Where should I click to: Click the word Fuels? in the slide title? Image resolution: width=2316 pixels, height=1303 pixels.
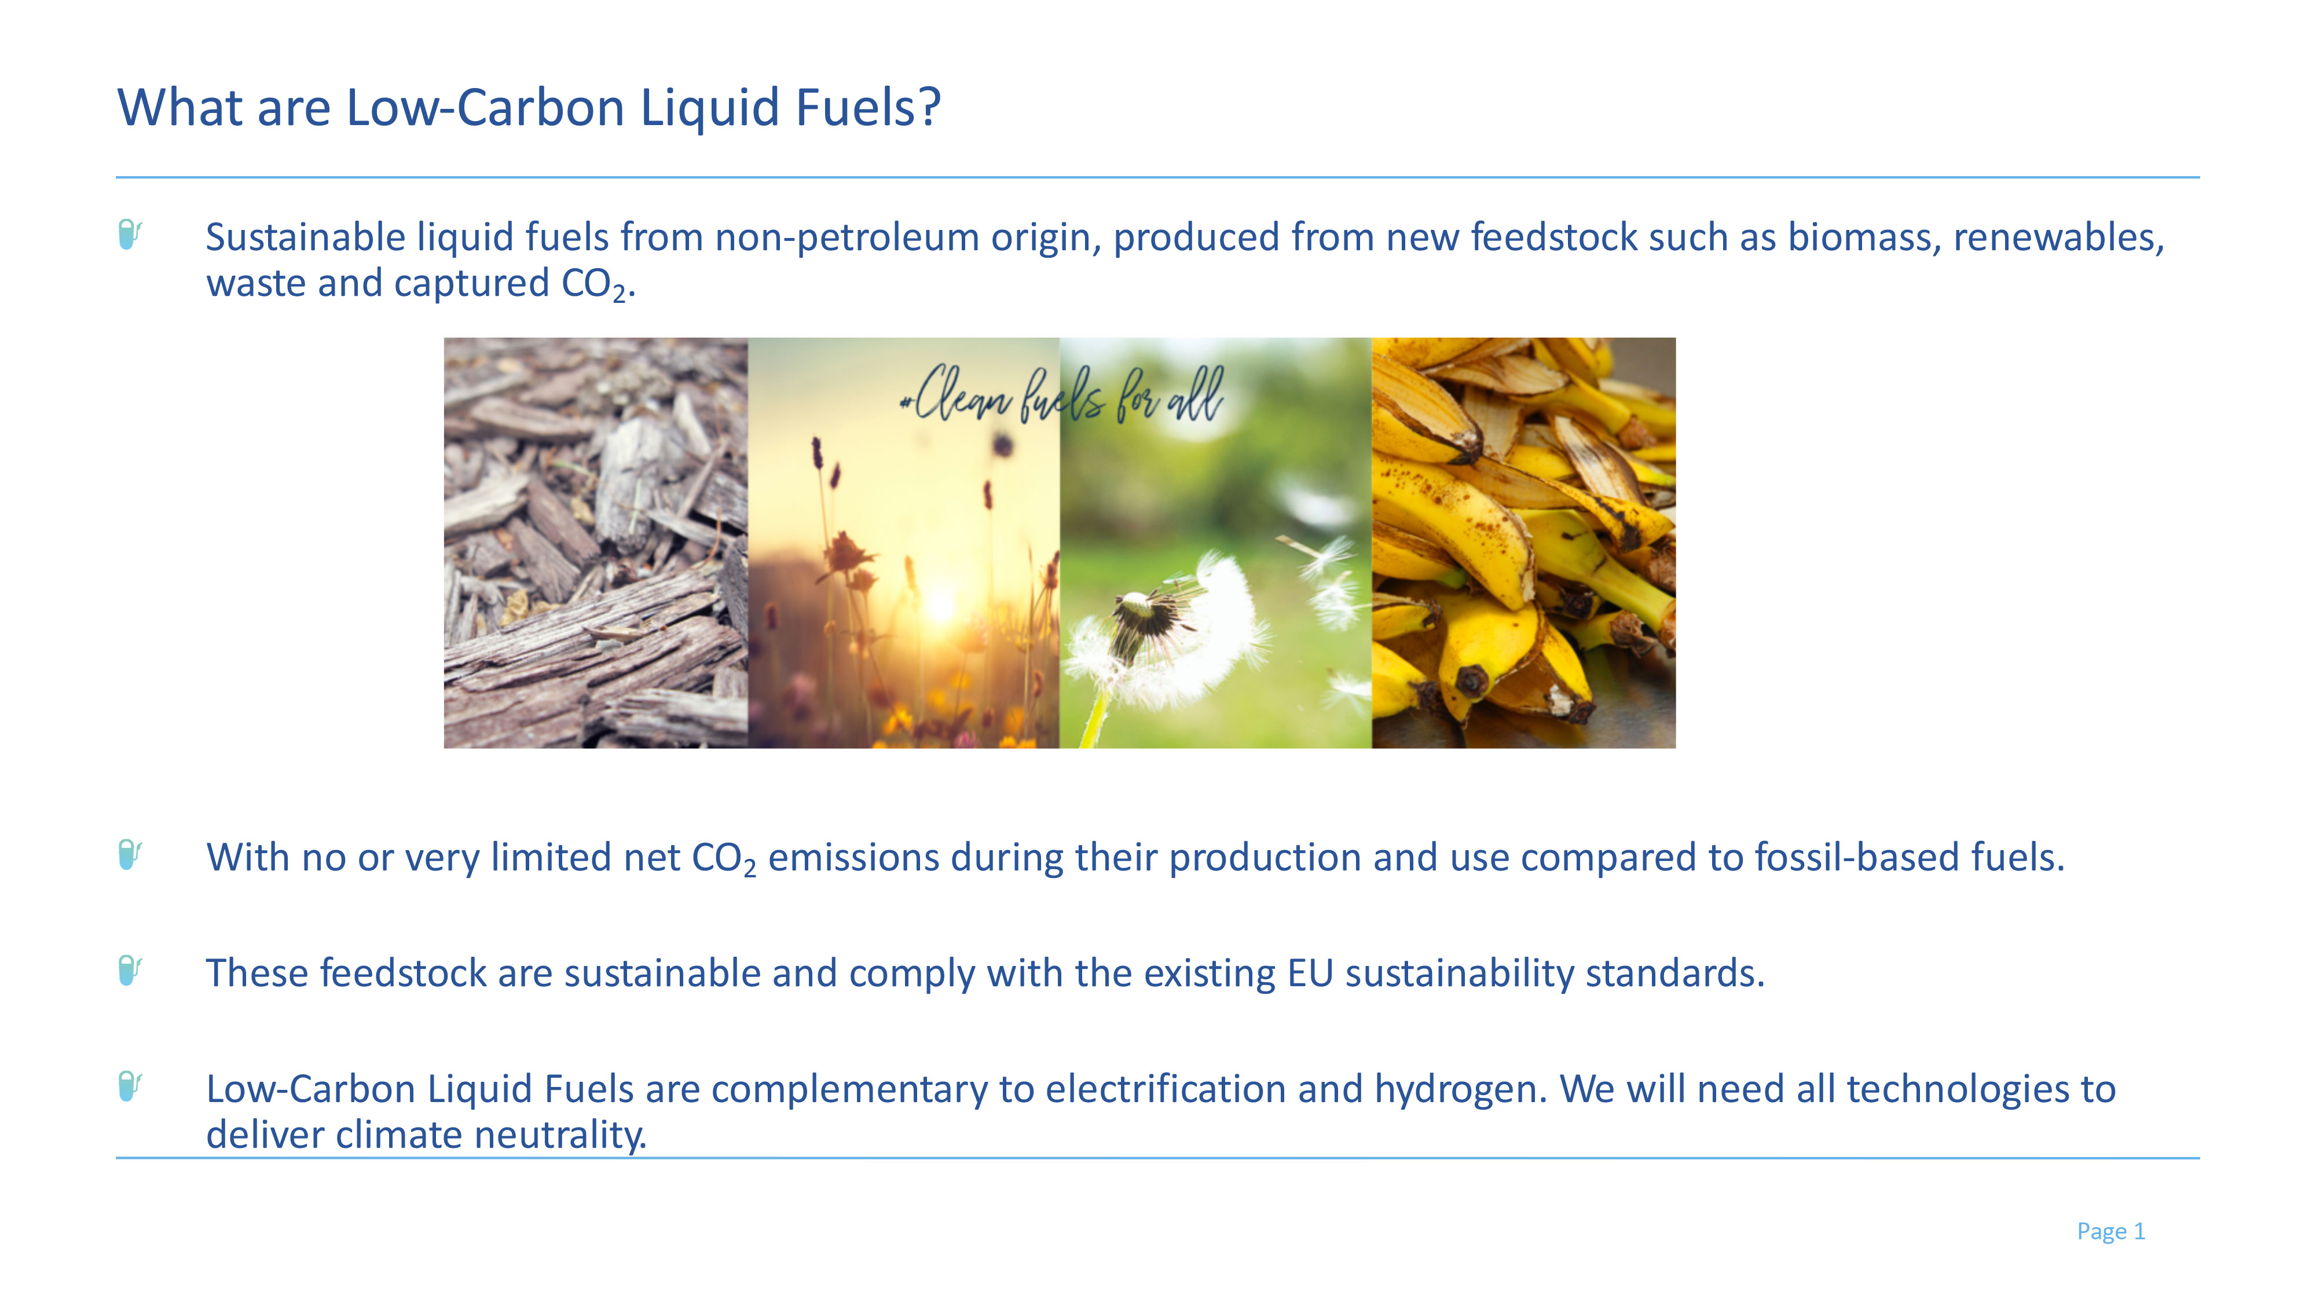click(x=867, y=107)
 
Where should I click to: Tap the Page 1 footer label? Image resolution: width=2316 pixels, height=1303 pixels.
click(x=2110, y=1231)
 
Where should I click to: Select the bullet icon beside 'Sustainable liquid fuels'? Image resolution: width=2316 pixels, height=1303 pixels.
click(x=130, y=234)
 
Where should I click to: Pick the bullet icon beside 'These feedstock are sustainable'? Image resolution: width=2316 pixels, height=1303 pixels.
click(x=130, y=969)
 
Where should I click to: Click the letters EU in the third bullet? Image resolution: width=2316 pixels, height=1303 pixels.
click(x=1310, y=973)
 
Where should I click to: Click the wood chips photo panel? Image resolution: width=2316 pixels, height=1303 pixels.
click(x=595, y=542)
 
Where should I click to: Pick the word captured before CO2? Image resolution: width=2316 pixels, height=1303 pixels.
click(x=471, y=285)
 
